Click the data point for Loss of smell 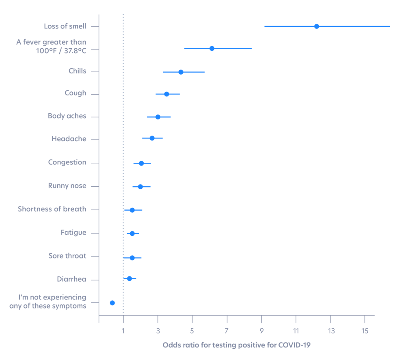pos(316,26)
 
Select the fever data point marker pos(212,48)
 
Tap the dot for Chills pos(181,72)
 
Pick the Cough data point pos(166,94)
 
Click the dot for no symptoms pos(112,303)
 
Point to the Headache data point pos(152,138)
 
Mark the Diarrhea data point pos(130,278)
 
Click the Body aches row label pos(67,116)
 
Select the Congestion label pos(67,162)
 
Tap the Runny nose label pos(67,186)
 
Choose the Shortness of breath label pos(52,209)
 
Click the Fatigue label pos(73,233)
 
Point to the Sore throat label pos(67,256)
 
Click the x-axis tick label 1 pos(123,331)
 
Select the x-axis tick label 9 pos(261,331)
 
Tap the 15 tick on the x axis pos(365,331)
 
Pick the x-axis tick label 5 pos(192,331)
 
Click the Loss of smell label pos(65,26)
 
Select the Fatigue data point pos(132,233)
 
